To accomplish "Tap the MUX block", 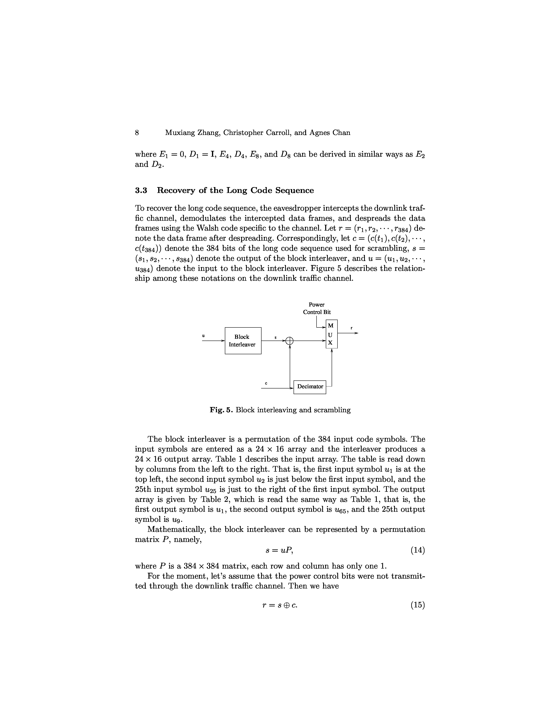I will pyautogui.click(x=331, y=334).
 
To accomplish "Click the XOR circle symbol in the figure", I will pyautogui.click(x=290, y=341).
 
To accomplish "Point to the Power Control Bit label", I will pyautogui.click(x=317, y=308).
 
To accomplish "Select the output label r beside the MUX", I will pyautogui.click(x=352, y=328).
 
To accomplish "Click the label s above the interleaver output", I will pyautogui.click(x=275, y=337).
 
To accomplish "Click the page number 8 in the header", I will pyautogui.click(x=137, y=133).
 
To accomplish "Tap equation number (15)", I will pyautogui.click(x=417, y=605).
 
